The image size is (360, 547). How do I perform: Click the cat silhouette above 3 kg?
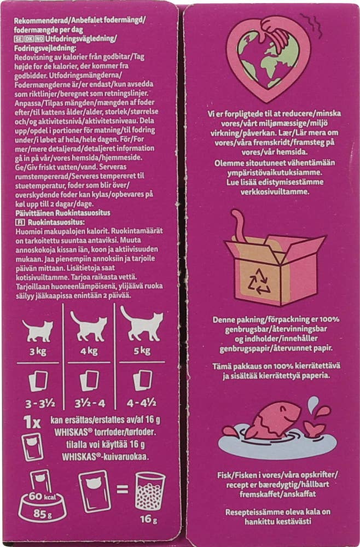click(38, 330)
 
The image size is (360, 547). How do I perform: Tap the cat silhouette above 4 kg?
click(89, 327)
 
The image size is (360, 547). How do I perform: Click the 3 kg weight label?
click(38, 352)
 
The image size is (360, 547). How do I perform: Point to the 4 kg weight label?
click(89, 352)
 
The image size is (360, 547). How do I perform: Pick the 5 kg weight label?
click(143, 352)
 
